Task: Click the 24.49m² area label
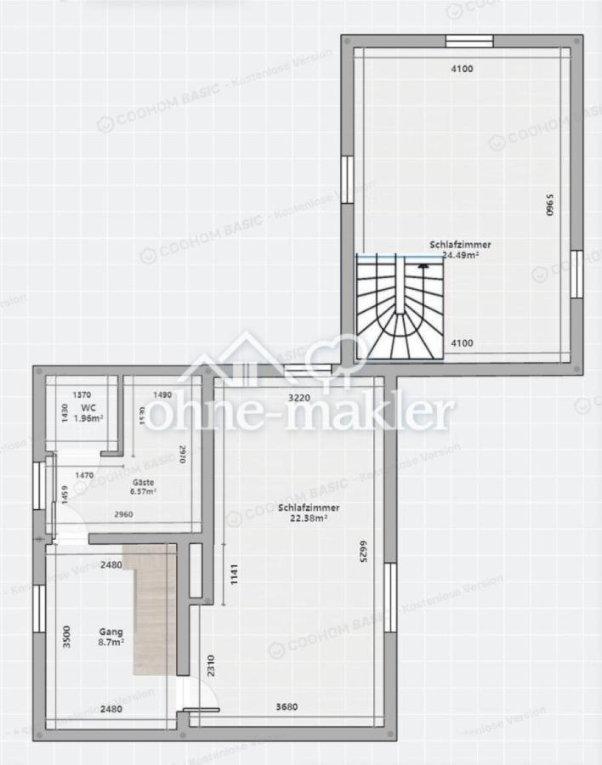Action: coord(460,254)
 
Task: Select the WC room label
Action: coord(88,408)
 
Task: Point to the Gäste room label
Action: coord(141,481)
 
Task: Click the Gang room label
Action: coord(111,632)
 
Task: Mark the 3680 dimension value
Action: coord(287,706)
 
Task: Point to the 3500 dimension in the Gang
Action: coord(67,637)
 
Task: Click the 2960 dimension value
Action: coord(124,515)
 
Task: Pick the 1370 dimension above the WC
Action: coord(82,394)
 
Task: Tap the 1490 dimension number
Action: coord(162,394)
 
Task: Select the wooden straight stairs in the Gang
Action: coord(150,609)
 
